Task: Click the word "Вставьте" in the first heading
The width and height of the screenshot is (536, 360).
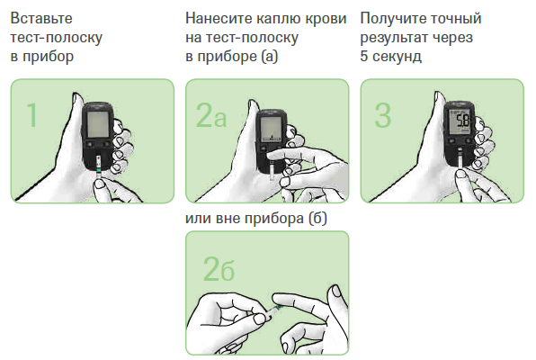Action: click(41, 19)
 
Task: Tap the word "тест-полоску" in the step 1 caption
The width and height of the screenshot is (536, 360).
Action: click(57, 37)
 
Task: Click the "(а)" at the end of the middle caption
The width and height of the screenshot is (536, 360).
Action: click(270, 57)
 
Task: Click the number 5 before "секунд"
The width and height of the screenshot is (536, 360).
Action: click(364, 56)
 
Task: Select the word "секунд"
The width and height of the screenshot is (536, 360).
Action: click(397, 57)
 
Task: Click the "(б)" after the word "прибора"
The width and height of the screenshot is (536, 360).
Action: click(317, 219)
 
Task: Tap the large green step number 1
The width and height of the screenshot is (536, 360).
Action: click(31, 115)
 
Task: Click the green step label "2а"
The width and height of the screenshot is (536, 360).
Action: click(211, 115)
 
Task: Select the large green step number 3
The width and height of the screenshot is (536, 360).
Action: click(382, 115)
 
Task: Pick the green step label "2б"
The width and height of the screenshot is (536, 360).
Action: click(219, 269)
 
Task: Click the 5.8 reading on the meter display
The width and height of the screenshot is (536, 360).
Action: click(463, 121)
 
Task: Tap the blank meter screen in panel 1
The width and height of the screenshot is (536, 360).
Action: click(98, 123)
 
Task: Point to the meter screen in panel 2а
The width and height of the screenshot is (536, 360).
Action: click(271, 129)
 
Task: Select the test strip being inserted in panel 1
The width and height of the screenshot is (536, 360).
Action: click(99, 166)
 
